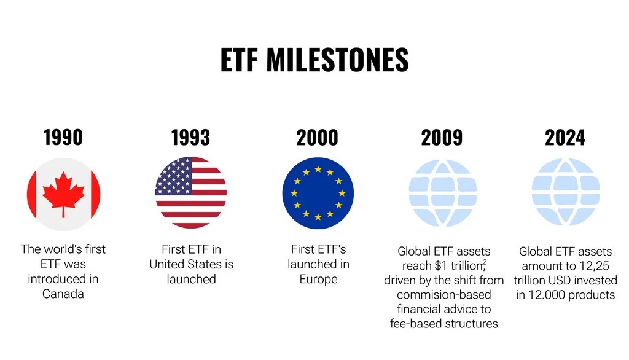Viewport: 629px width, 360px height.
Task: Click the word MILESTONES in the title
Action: tap(337, 60)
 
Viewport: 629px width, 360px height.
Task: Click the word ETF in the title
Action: tap(239, 60)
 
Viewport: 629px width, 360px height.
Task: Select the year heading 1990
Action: tap(63, 138)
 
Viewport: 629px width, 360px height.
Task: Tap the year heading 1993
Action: tap(190, 138)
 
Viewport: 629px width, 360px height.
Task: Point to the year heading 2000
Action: tap(318, 138)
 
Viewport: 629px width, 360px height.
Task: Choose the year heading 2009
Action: tap(442, 138)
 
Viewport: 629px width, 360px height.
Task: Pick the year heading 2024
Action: tap(565, 138)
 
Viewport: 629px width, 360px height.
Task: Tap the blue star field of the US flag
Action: tap(174, 176)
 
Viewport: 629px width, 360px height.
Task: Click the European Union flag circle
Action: tap(318, 193)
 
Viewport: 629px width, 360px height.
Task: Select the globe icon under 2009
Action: tap(442, 193)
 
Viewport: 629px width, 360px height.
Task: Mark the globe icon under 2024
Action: tap(566, 192)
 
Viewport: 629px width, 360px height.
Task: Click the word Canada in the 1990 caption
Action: tap(63, 294)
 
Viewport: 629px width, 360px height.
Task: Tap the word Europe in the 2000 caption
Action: tap(319, 280)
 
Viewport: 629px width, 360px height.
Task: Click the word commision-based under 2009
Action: tap(444, 295)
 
